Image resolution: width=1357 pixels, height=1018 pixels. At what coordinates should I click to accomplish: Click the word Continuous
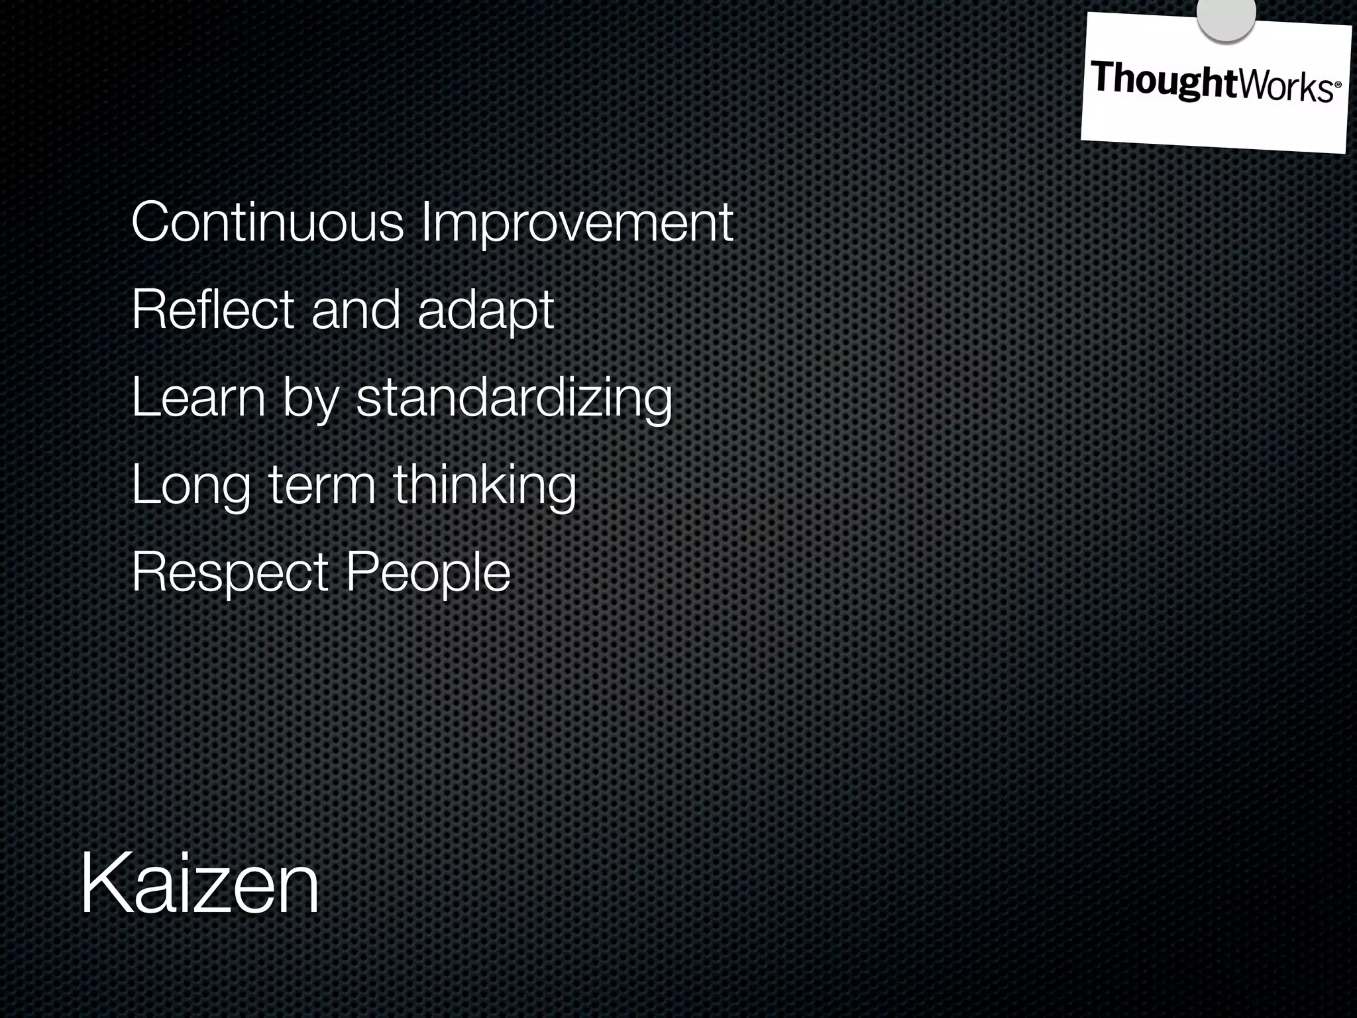pos(267,223)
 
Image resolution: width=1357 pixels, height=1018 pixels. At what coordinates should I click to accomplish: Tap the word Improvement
pos(577,224)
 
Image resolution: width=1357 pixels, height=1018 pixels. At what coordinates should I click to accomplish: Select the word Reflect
pos(213,310)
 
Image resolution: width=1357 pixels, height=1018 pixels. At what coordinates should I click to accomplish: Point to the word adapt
pos(486,311)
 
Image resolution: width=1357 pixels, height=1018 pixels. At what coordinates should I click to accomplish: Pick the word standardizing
pos(514,399)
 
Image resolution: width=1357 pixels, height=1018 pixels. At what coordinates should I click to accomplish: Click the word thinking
pos(485,486)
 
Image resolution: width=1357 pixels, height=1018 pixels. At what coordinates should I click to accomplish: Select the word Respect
pos(230,573)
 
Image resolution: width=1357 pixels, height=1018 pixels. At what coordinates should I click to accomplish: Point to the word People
pos(429,572)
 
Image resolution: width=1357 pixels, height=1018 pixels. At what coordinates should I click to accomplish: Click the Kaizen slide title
pos(199,885)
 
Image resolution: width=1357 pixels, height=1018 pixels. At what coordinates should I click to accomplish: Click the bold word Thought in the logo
pos(1164,81)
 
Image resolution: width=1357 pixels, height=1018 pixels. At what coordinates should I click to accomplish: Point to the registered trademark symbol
pos(1337,85)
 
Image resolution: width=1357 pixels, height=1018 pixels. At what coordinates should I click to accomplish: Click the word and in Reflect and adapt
pos(356,310)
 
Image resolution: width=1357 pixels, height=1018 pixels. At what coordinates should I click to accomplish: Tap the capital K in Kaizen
pos(106,885)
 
